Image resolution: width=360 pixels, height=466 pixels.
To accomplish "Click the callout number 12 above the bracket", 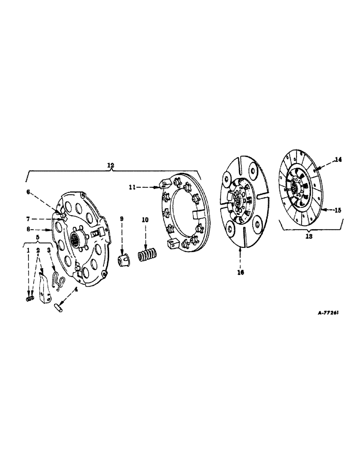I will pos(111,165).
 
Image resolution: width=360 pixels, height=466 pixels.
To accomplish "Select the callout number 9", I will pos(122,219).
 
